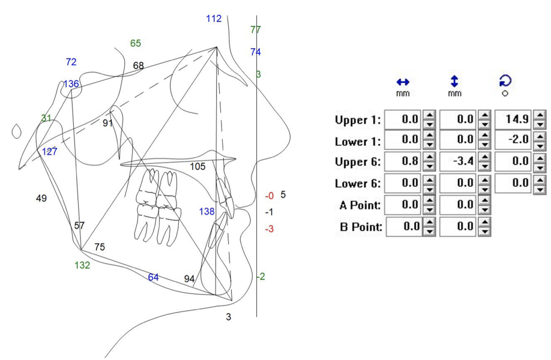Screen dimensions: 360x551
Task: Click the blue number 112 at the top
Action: (x=214, y=19)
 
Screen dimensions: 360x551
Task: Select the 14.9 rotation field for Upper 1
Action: (x=513, y=119)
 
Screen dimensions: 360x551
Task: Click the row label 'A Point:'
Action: (x=360, y=205)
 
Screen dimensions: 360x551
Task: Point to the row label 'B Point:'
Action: (x=360, y=227)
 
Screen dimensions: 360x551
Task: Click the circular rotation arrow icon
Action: (x=505, y=81)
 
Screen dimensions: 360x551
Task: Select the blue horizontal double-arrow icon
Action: (x=402, y=82)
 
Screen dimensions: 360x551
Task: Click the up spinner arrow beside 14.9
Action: (x=540, y=116)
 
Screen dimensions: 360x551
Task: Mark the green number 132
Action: (x=82, y=265)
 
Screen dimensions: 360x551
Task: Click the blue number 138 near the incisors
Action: (x=206, y=211)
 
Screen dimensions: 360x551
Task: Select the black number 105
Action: (x=198, y=166)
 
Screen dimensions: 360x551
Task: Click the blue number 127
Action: (x=49, y=152)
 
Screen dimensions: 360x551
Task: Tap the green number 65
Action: (x=136, y=43)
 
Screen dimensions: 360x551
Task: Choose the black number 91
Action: (x=108, y=123)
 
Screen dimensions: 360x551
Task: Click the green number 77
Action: (x=256, y=29)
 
